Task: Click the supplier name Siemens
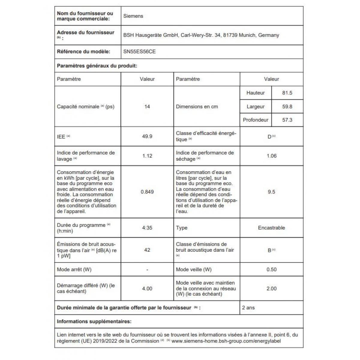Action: (133, 16)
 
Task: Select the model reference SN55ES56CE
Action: (139, 52)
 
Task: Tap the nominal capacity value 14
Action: (147, 106)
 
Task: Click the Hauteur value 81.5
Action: (287, 93)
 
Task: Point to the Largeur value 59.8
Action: (287, 106)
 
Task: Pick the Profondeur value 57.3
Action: (287, 120)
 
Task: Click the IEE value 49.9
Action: (147, 136)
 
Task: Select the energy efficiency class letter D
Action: (269, 137)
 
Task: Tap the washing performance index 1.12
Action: (147, 156)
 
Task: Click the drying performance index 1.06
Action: (271, 156)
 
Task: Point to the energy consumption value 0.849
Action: (147, 192)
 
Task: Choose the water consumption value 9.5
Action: (271, 192)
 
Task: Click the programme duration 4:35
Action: (147, 228)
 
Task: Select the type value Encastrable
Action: (271, 228)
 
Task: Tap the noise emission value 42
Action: (147, 250)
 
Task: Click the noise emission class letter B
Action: (269, 250)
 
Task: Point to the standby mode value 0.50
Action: (271, 269)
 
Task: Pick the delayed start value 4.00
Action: (147, 289)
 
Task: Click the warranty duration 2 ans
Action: (248, 308)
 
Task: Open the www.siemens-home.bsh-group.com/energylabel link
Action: (226, 341)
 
